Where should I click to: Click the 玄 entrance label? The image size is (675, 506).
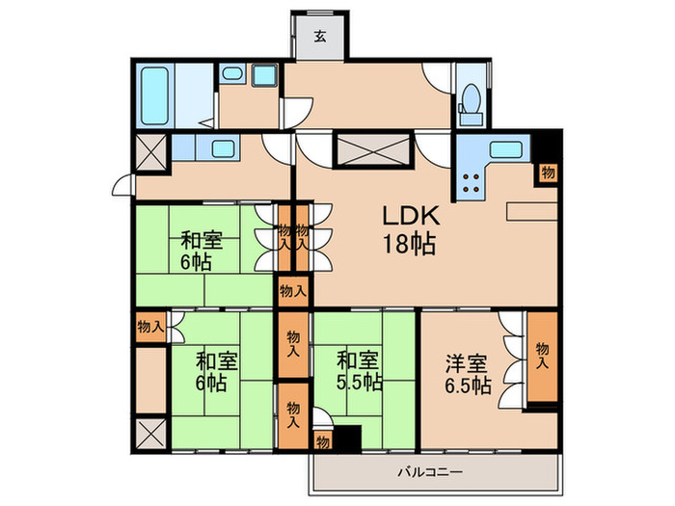pyautogui.click(x=319, y=39)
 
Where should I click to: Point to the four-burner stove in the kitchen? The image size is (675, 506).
pyautogui.click(x=472, y=183)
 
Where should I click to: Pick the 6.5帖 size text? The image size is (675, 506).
pyautogui.click(x=468, y=386)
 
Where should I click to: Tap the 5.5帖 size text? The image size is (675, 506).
pyautogui.click(x=359, y=384)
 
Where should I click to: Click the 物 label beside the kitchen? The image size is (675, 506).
pyautogui.click(x=547, y=173)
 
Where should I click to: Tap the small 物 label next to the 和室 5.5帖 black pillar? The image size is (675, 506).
pyautogui.click(x=321, y=441)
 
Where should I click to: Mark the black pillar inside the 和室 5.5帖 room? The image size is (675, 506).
pyautogui.click(x=346, y=438)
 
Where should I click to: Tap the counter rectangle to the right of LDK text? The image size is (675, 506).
pyautogui.click(x=530, y=210)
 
